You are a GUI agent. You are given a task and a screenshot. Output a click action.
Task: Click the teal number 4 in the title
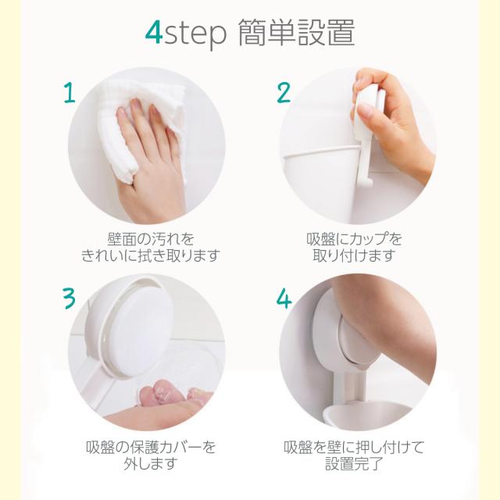coord(154,33)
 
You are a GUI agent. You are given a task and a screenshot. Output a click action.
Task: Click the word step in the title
coord(195,34)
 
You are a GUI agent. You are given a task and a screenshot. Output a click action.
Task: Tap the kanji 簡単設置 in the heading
coord(297,33)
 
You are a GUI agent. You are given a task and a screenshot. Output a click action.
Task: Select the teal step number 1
coord(70,92)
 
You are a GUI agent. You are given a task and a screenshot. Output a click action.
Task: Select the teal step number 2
coord(284,92)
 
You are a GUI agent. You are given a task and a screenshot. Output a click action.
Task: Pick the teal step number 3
coord(69,298)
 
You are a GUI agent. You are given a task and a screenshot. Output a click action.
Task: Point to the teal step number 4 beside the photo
coord(284,298)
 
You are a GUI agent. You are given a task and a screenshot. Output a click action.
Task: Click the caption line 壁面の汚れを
coord(151,239)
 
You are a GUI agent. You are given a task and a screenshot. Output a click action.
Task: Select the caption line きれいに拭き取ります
coord(151,255)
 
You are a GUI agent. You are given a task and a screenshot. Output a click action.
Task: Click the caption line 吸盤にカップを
coord(354,239)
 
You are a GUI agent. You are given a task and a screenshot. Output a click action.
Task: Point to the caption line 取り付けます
coord(354,255)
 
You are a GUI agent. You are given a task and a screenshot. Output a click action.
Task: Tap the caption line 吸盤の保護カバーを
coord(151,448)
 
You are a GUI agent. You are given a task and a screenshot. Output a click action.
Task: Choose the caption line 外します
coord(151,464)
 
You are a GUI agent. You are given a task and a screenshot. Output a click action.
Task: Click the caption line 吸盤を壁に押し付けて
coord(354,448)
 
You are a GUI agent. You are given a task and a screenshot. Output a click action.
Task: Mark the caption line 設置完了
coord(354,464)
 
